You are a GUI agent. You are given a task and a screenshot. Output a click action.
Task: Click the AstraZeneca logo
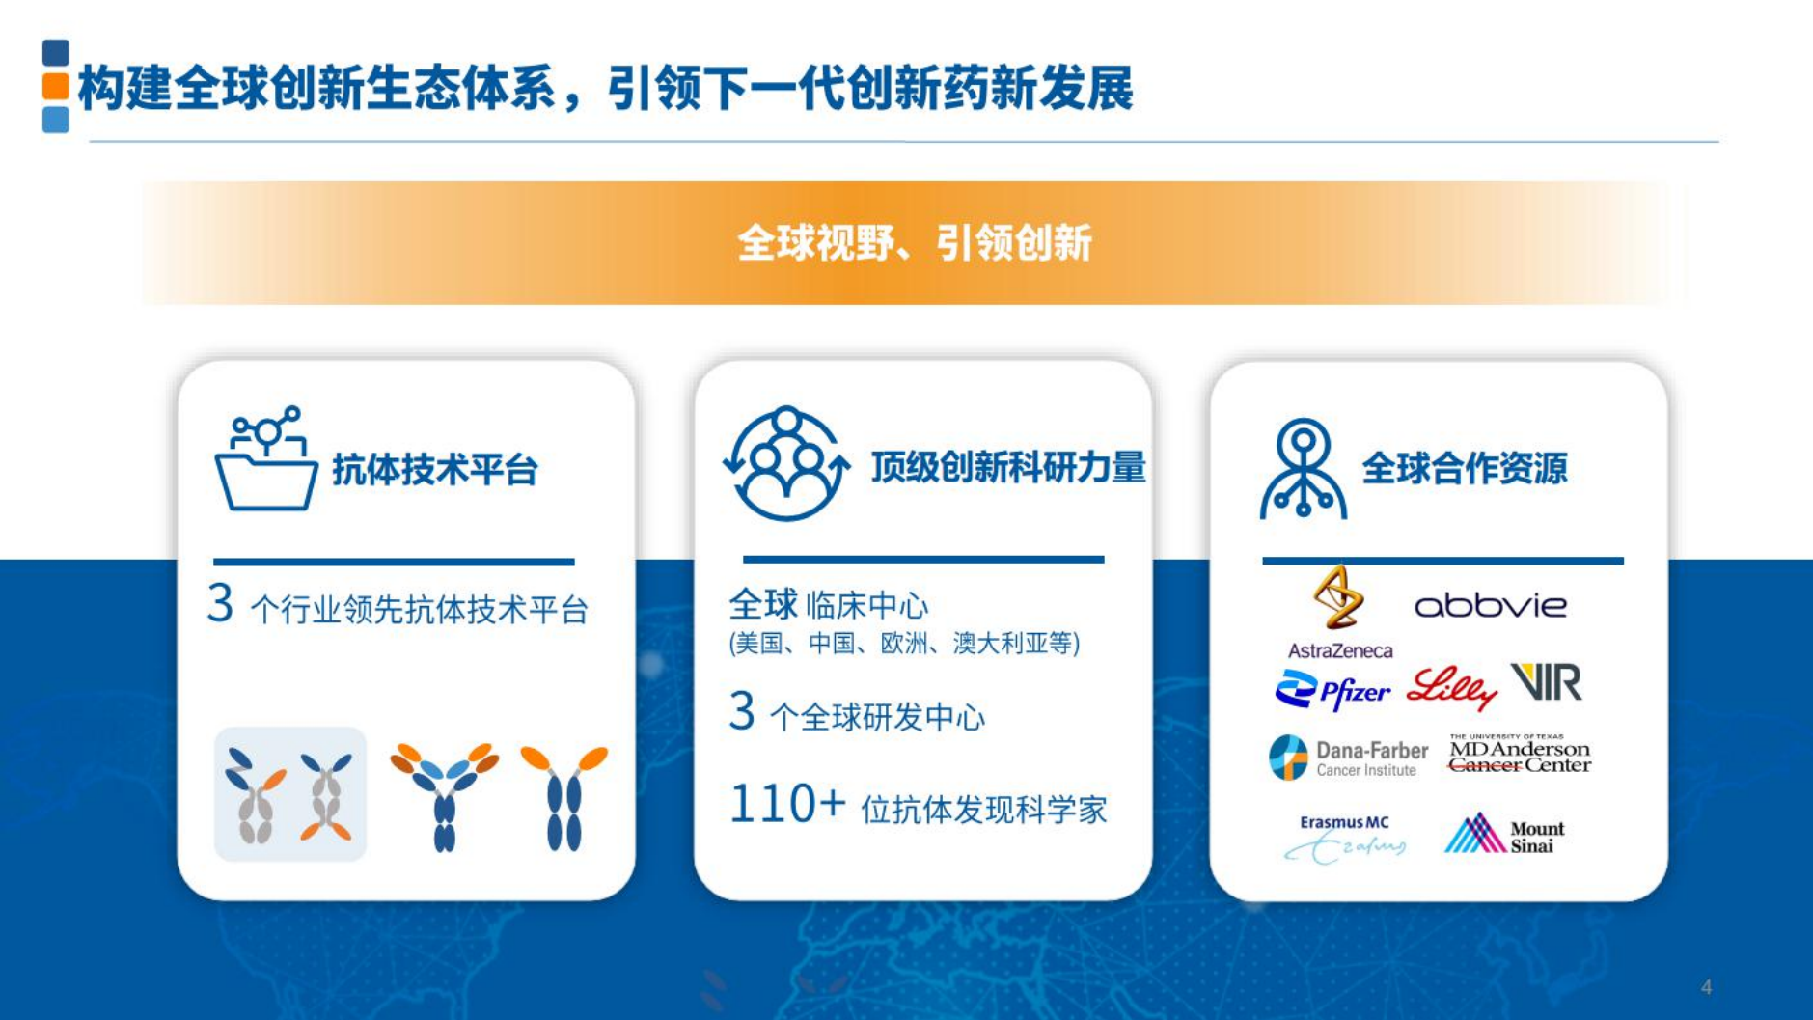coord(1339,614)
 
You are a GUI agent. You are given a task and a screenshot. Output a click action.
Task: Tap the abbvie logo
coord(1490,606)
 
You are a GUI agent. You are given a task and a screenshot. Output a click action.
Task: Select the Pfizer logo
coord(1332,690)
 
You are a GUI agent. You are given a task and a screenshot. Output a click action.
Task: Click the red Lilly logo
coord(1450,687)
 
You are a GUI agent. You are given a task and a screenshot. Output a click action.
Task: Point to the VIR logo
coord(1546,682)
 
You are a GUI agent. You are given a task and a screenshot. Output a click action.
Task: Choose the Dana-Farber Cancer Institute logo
coord(1348,758)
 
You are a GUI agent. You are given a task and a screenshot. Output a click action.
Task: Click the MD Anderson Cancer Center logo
coord(1519,754)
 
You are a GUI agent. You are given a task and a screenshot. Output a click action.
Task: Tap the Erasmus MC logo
coord(1344,837)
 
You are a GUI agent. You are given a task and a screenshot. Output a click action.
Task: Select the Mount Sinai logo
coord(1504,835)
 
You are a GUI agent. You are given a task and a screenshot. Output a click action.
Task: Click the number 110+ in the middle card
coord(786,804)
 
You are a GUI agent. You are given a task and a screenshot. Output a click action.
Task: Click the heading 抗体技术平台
coord(434,470)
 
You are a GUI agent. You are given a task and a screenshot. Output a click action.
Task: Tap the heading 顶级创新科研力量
coord(1007,467)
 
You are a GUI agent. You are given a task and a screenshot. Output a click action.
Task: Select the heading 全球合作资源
coord(1464,468)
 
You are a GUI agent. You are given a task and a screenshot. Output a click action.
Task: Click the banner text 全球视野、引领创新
coord(914,242)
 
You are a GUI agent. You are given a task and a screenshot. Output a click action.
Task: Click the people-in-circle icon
coord(786,464)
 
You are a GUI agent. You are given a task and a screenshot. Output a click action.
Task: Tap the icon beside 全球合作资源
coord(1303,469)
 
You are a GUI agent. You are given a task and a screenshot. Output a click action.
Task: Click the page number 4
coord(1706,987)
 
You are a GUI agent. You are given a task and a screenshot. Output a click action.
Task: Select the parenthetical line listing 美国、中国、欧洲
coord(904,644)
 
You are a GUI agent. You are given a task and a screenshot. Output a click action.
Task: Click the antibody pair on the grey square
coord(289,794)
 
